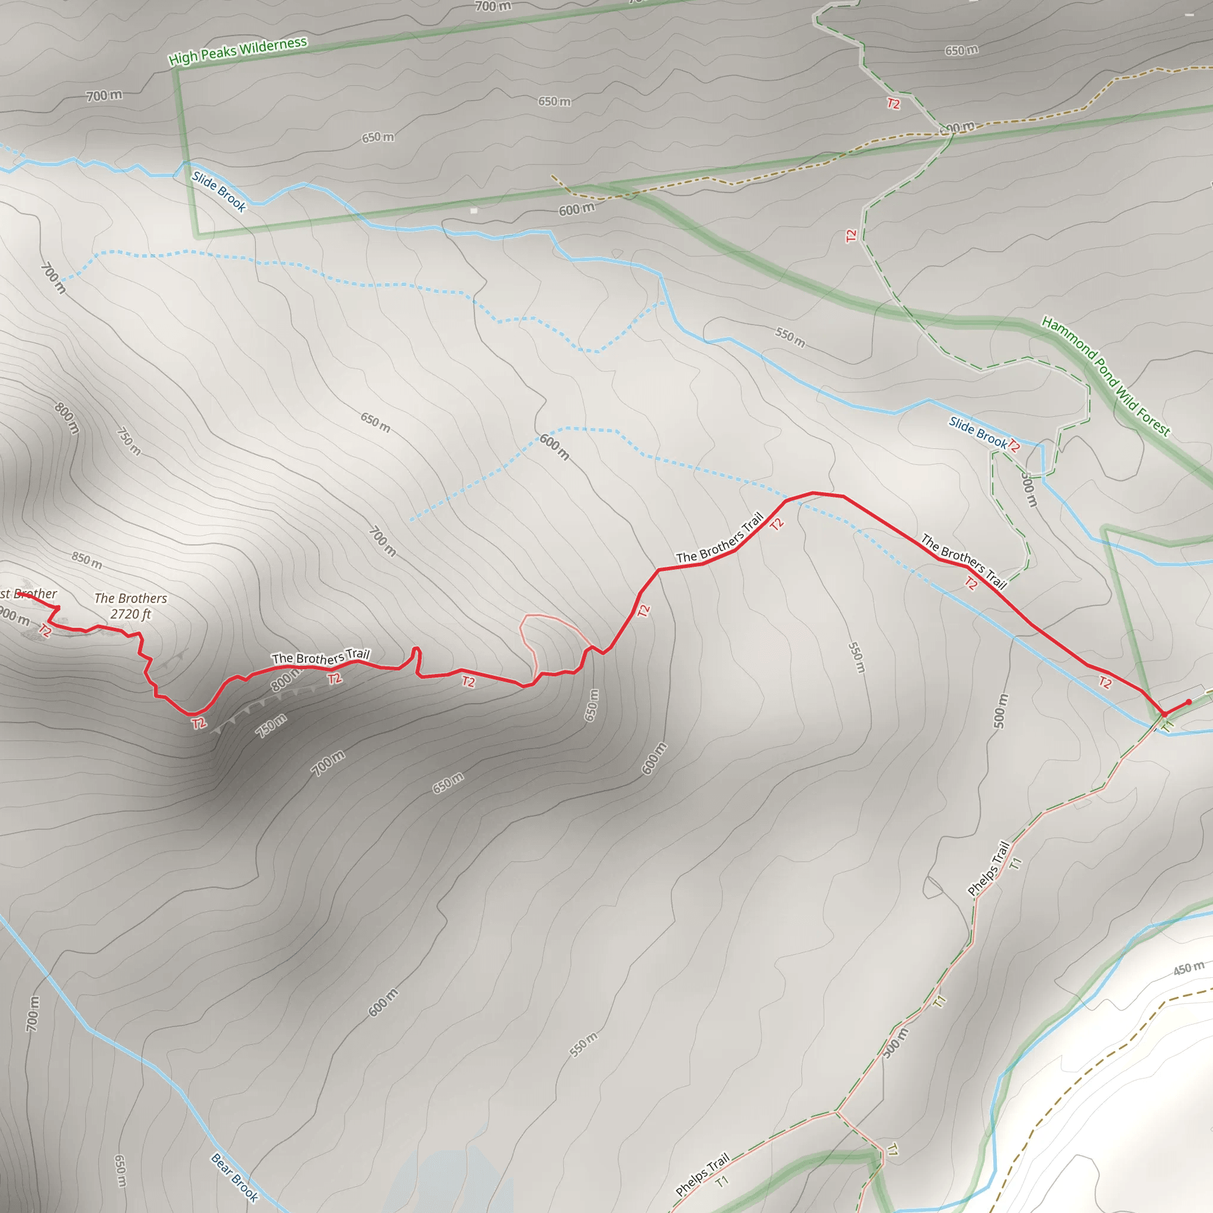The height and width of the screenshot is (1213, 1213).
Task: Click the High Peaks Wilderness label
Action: click(x=238, y=51)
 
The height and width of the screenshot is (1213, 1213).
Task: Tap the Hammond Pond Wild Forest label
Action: click(x=1106, y=376)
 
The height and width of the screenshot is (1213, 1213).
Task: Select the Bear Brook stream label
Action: click(x=234, y=1177)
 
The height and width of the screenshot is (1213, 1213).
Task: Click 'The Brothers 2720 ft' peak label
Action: click(x=130, y=606)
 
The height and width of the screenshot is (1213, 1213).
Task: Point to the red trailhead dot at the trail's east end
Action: click(x=1189, y=702)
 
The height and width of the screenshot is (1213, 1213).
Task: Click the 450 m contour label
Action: click(x=1189, y=968)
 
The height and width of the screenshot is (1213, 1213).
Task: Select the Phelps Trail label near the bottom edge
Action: click(x=702, y=1175)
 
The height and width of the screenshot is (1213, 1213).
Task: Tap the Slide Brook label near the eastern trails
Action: click(x=977, y=432)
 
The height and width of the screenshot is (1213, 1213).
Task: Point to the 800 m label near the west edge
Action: click(x=66, y=418)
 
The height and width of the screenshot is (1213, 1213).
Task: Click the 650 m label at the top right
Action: click(x=961, y=50)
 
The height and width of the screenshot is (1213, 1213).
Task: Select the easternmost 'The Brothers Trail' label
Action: click(x=964, y=561)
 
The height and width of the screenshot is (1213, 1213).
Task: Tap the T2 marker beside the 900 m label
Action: click(x=44, y=630)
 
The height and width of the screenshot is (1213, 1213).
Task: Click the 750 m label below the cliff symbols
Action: click(x=271, y=726)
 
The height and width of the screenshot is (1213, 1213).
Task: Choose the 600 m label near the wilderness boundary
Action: click(x=576, y=209)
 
